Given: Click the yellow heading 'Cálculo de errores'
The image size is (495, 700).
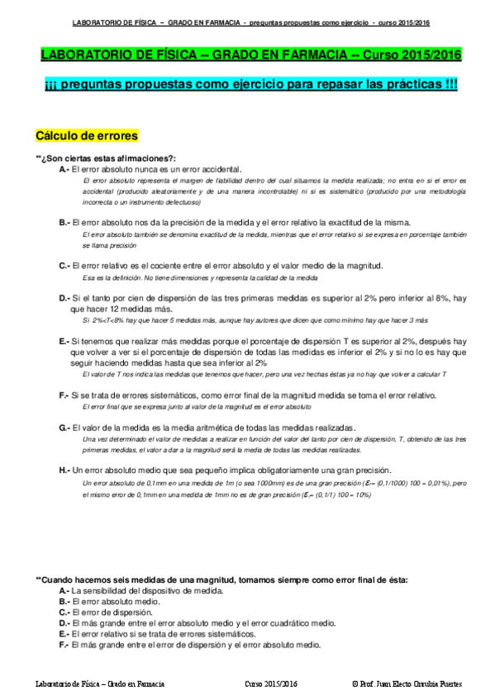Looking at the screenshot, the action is coord(87,135).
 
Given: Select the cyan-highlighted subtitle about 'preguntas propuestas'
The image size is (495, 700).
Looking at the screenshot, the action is coord(251,86).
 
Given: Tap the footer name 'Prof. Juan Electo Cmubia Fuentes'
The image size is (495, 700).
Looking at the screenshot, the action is coord(407,684).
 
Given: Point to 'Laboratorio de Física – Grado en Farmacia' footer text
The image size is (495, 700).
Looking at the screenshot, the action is coord(101,684).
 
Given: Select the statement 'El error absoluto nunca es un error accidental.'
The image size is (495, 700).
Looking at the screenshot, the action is coord(156,168).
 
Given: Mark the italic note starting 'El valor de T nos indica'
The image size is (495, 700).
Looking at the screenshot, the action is coord(264,374).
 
